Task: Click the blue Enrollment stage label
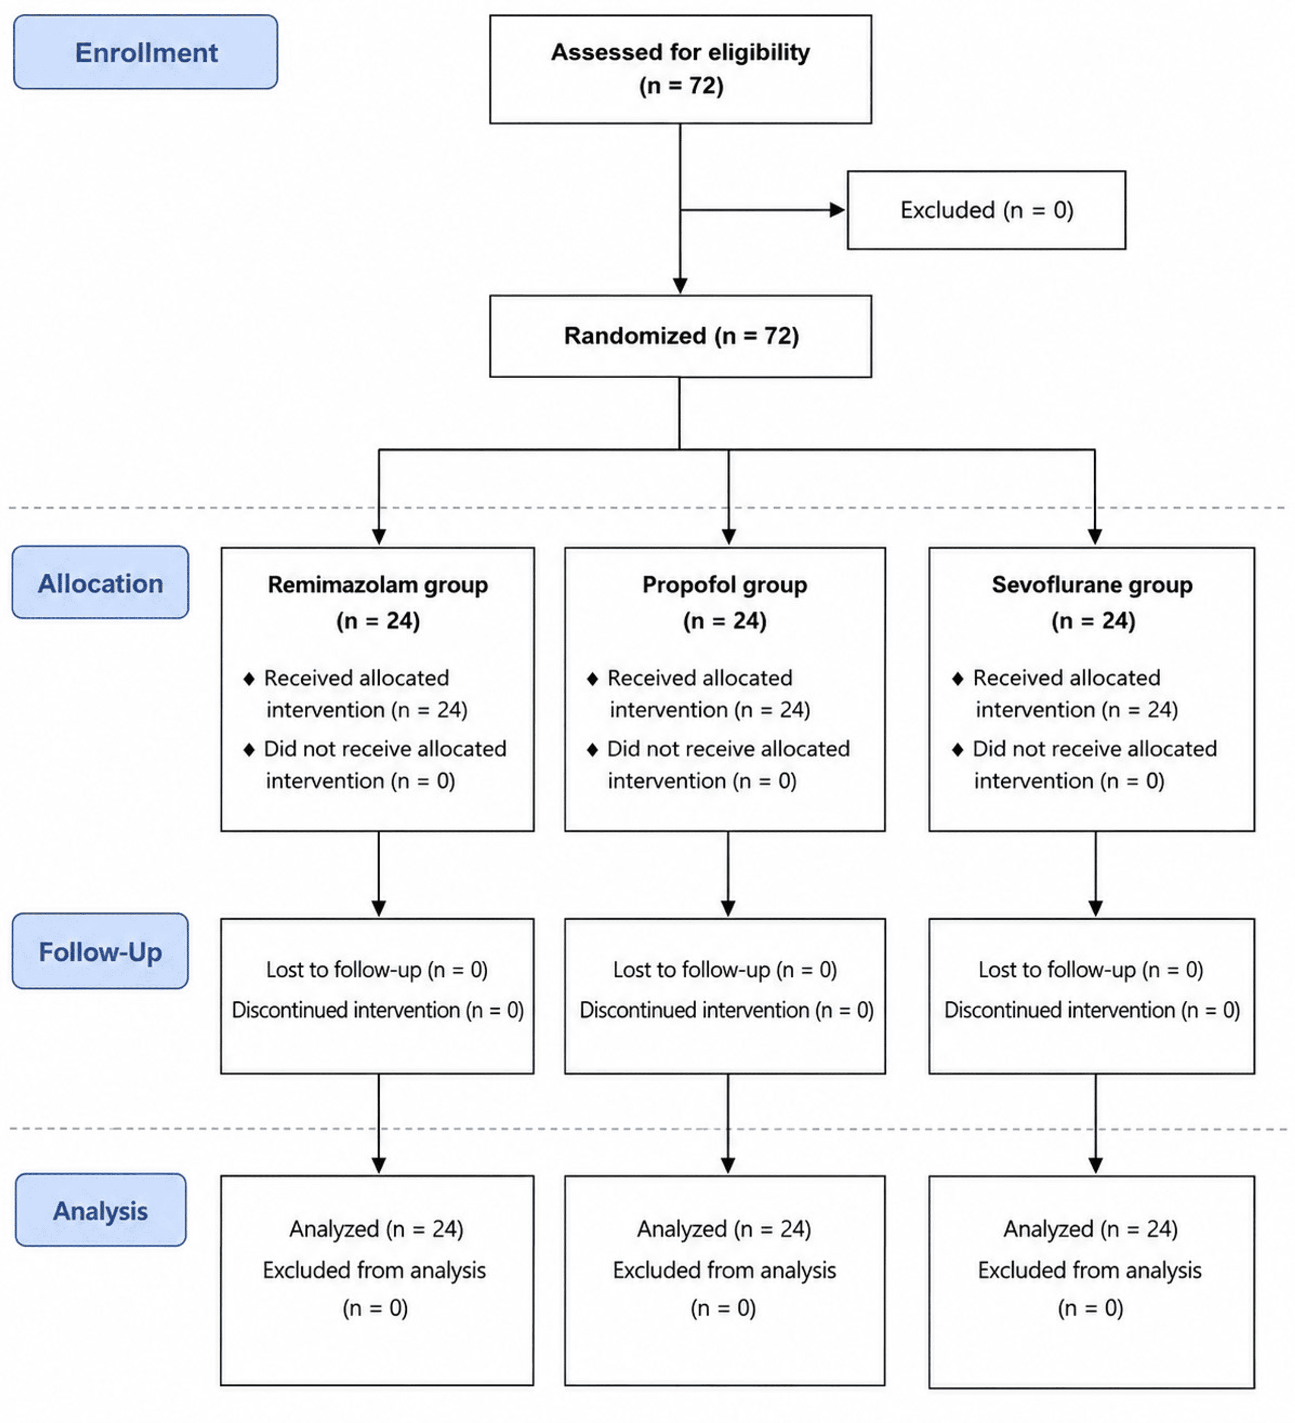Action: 145,52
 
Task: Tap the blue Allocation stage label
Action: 100,582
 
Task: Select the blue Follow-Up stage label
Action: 100,951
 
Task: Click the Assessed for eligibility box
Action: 680,69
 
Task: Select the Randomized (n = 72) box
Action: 680,336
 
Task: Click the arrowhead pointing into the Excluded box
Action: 838,210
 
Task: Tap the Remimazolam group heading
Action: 378,585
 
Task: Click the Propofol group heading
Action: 725,585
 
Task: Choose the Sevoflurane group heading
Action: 1093,585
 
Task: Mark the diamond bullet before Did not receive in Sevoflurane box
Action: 958,749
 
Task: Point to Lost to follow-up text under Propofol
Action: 725,970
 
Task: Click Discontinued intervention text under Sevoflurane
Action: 1092,1010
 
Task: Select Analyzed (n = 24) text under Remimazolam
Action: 376,1229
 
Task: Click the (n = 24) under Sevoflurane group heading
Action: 1093,621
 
